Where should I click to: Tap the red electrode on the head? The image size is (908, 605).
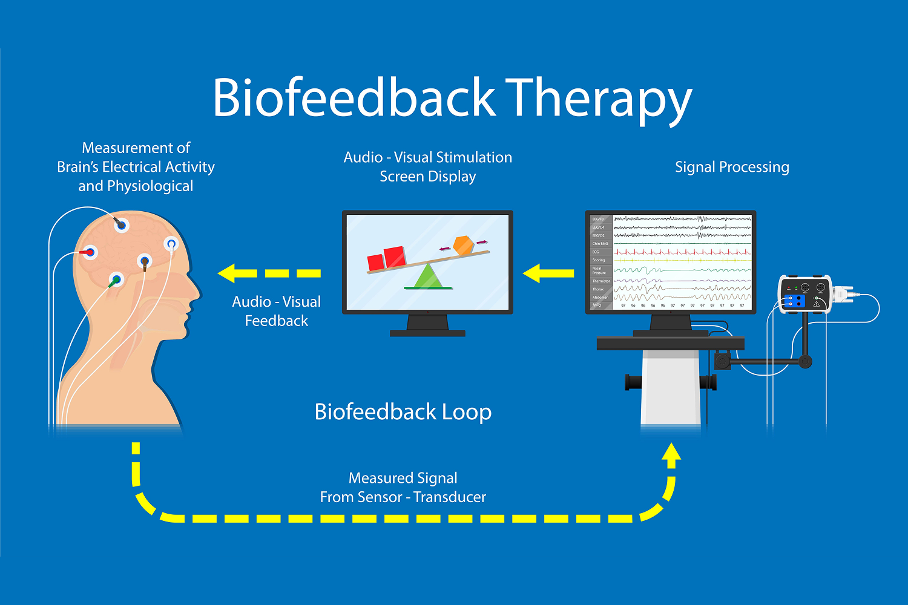(x=90, y=252)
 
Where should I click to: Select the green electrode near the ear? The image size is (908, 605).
(x=116, y=280)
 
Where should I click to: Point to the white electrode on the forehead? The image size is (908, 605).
(x=171, y=244)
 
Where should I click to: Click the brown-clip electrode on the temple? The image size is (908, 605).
(x=144, y=261)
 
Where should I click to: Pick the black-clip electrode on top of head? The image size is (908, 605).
(x=122, y=225)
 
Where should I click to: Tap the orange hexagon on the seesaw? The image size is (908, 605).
(x=464, y=245)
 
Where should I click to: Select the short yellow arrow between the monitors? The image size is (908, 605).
(x=548, y=273)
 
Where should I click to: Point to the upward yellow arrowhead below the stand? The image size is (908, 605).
(x=671, y=455)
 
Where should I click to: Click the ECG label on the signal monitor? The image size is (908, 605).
(x=596, y=252)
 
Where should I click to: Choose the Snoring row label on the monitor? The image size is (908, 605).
(x=599, y=260)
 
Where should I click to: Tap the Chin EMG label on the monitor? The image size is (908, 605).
(x=600, y=244)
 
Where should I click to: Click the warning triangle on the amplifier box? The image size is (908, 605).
(x=817, y=303)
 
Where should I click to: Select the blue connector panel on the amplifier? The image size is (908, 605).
(x=795, y=301)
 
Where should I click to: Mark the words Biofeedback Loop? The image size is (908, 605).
(x=403, y=412)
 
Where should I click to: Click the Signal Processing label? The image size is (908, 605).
(x=732, y=167)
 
